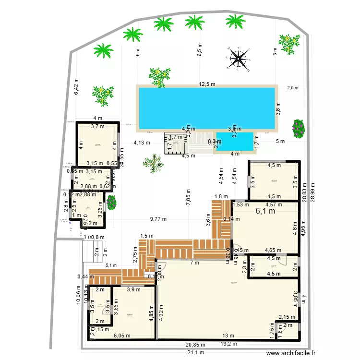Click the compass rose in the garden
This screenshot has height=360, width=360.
point(239,59)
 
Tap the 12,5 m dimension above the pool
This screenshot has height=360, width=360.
point(207,84)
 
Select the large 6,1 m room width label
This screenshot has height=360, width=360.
point(265,211)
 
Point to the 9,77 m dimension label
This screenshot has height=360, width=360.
point(158,219)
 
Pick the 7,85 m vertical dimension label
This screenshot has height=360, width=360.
point(188,197)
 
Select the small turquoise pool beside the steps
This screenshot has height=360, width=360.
point(235,141)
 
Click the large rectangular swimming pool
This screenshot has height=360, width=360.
point(207,108)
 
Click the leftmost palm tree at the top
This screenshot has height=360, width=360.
point(103,50)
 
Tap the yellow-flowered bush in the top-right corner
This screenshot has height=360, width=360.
point(288,43)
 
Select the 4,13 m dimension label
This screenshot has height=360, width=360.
point(142,143)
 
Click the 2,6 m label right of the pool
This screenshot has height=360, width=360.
point(292,88)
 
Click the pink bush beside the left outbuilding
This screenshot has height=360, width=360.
point(111,202)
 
